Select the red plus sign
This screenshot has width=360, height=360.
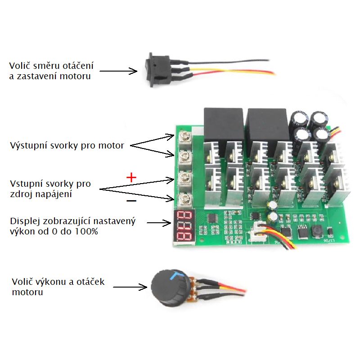[x=131, y=177]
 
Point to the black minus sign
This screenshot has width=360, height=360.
[x=131, y=201]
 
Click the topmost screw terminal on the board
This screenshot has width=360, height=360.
[x=183, y=136]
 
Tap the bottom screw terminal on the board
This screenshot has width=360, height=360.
[x=183, y=198]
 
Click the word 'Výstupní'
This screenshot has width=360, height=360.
[x=26, y=146]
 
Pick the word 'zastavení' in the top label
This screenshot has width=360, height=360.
[x=35, y=76]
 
